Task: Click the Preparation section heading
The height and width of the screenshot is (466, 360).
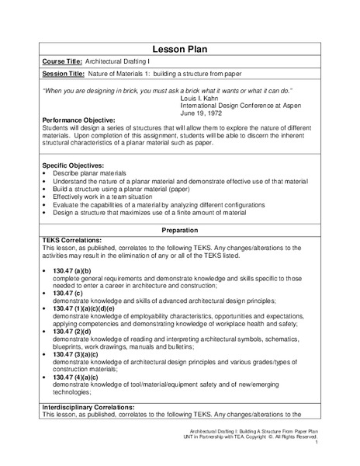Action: click(x=180, y=231)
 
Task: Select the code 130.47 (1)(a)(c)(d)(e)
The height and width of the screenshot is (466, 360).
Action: click(x=92, y=308)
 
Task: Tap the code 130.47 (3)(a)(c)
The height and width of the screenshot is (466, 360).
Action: click(x=78, y=353)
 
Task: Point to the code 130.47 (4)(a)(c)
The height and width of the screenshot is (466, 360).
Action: click(x=78, y=376)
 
